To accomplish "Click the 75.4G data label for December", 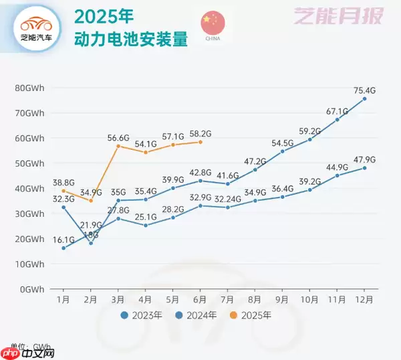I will (365, 90).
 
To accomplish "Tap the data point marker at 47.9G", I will (365, 168).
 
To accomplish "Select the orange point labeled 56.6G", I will (118, 146).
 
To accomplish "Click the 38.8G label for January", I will (63, 182).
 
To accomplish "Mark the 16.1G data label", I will (63, 239).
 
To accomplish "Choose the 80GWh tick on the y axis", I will (30, 88).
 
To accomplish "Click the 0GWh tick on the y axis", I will (33, 289).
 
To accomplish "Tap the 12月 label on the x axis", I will (365, 299).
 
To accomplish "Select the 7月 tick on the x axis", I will (228, 299).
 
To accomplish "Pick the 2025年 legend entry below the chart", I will (253, 314).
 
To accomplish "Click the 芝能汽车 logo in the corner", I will (37, 29).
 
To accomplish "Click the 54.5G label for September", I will (283, 143).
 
